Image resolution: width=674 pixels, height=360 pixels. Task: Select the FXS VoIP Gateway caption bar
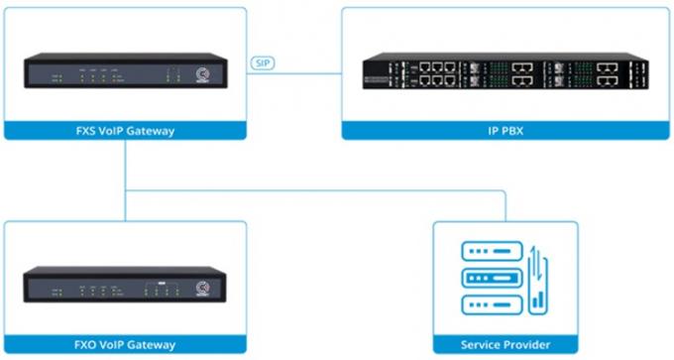(125, 130)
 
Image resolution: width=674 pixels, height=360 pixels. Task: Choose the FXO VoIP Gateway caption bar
(125, 345)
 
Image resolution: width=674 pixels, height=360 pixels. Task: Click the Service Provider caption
(505, 345)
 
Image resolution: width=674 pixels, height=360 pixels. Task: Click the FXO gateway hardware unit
(125, 284)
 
